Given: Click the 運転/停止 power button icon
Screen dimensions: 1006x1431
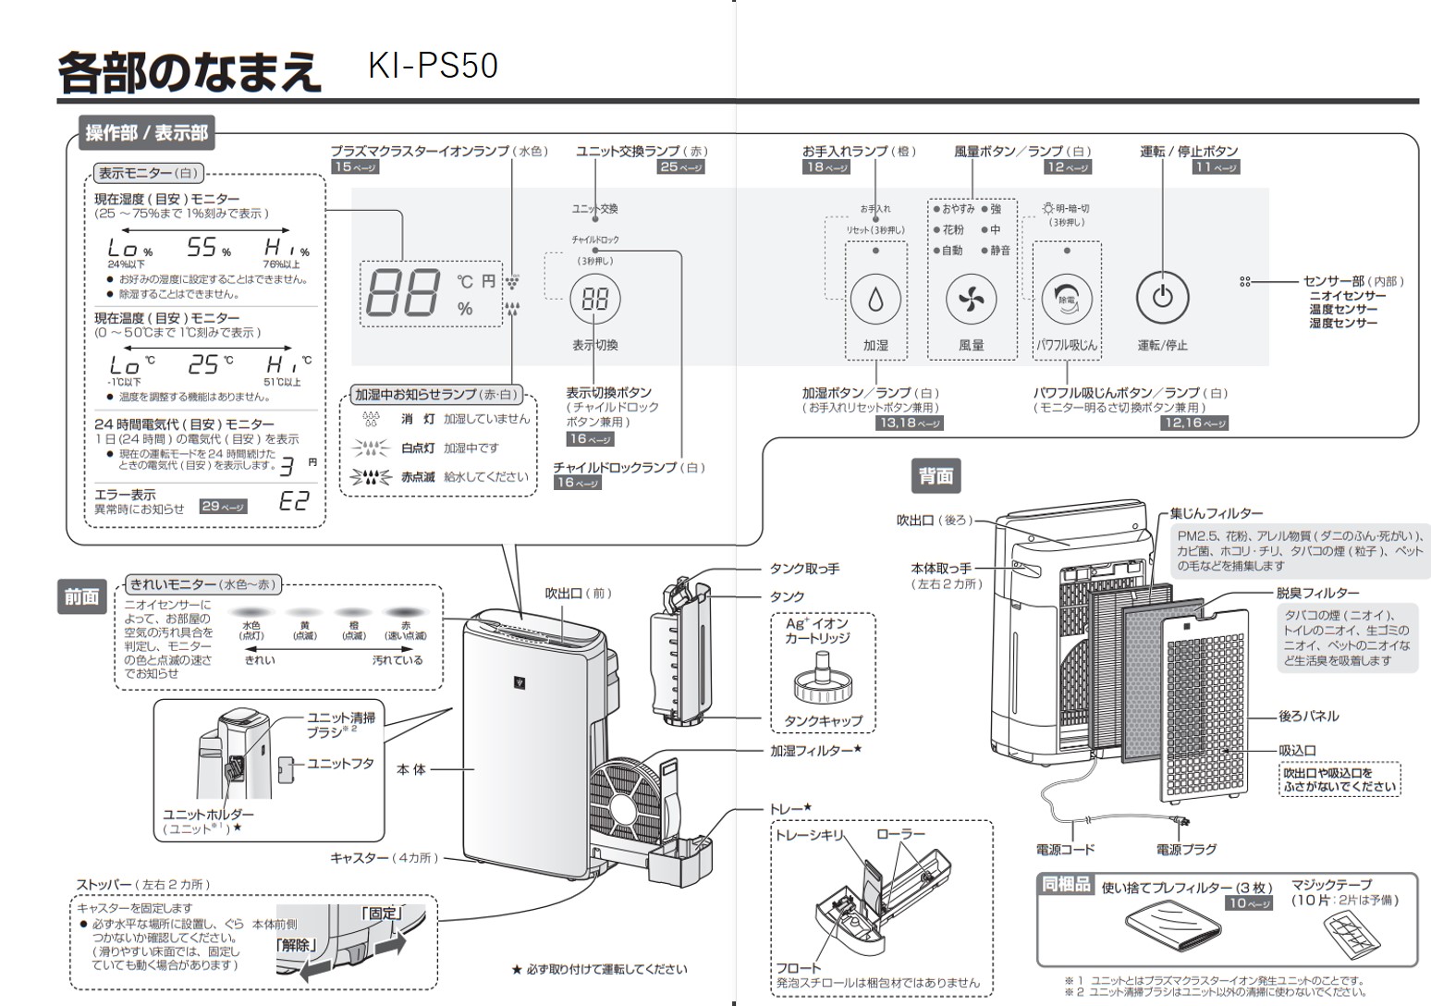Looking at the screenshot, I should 1162,298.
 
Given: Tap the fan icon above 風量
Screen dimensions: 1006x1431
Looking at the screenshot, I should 971,300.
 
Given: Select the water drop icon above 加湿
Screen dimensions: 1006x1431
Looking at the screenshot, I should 875,300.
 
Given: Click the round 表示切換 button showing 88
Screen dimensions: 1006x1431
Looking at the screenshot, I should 595,300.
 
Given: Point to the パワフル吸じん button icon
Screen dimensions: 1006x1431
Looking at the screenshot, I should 1067,300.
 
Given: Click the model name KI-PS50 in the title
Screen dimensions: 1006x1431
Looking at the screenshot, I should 433,66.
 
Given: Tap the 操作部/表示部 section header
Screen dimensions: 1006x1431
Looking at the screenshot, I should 146,133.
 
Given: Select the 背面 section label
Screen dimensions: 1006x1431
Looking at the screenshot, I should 936,475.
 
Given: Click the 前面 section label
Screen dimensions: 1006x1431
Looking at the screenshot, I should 81,597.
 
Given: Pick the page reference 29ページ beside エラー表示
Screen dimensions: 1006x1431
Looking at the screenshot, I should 224,507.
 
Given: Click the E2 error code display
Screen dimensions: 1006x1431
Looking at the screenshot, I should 294,501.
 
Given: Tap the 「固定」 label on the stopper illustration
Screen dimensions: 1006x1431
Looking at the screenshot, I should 382,914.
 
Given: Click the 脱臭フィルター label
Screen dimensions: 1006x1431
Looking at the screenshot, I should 1317,593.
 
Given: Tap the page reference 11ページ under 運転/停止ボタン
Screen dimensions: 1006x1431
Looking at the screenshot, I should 1216,167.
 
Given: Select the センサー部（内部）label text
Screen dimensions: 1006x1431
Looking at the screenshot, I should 1353,281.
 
